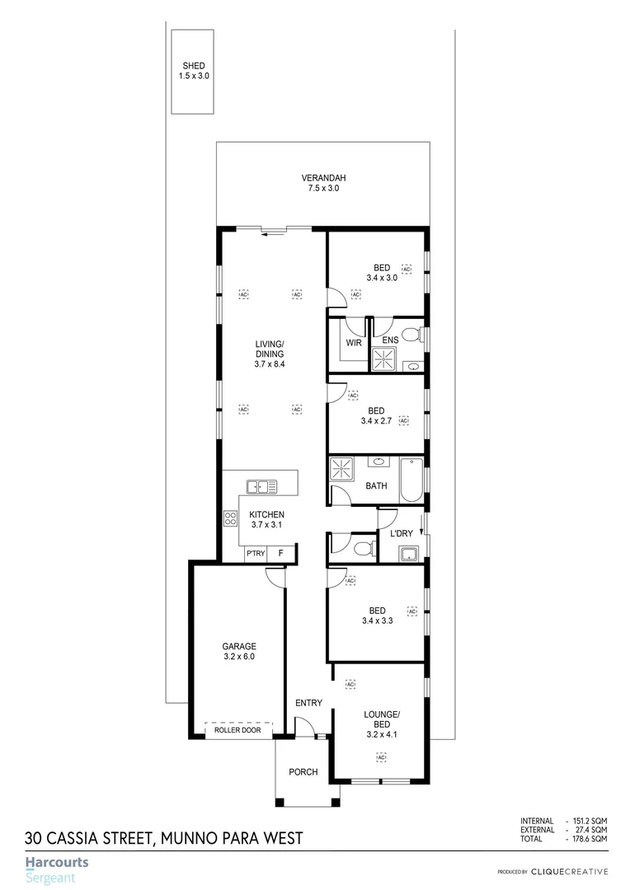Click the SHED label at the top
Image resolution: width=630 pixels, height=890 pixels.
[x=195, y=66]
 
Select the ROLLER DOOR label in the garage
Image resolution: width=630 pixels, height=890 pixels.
[x=237, y=730]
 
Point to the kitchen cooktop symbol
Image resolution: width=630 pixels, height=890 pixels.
[x=230, y=519]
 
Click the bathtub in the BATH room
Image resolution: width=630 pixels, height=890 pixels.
[x=411, y=480]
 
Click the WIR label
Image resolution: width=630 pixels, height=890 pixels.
[x=354, y=343]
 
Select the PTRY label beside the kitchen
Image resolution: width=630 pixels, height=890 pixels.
[x=255, y=553]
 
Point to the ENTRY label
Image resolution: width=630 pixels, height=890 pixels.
[x=308, y=703]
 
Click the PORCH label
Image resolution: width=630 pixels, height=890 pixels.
[x=303, y=772]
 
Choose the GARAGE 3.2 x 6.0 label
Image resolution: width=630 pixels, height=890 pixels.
[x=239, y=652]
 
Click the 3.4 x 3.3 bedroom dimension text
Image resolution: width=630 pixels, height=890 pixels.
[x=376, y=621]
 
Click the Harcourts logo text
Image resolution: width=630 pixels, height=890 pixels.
[x=57, y=863]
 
